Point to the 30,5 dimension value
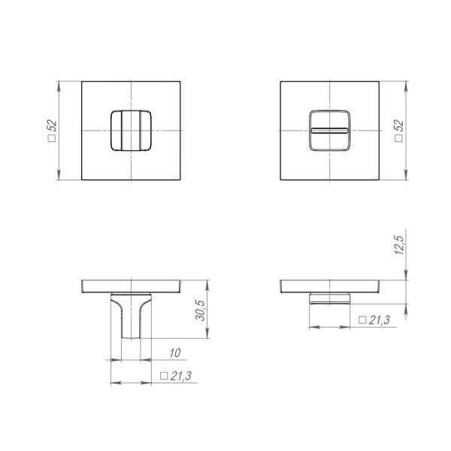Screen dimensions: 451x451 (x=201, y=310)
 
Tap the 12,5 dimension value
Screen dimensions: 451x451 (x=399, y=245)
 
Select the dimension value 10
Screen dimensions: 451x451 (x=174, y=352)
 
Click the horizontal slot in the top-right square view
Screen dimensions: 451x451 (x=329, y=131)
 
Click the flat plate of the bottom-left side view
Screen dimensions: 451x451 (x=131, y=286)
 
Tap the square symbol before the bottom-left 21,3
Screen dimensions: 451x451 (x=164, y=375)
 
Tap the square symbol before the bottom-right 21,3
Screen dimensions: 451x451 (x=362, y=319)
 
